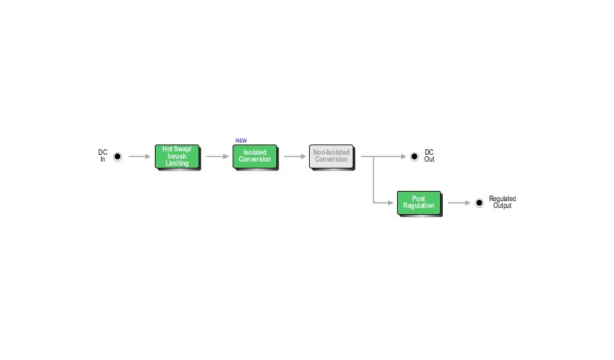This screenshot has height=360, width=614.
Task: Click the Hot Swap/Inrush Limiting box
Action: click(177, 157)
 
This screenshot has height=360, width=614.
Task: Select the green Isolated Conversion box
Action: click(255, 157)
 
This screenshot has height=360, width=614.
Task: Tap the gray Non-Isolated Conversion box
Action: click(332, 157)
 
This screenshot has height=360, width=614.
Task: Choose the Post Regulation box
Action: click(419, 202)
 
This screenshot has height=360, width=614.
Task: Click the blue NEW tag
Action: click(242, 140)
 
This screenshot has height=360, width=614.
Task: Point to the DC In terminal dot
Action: click(117, 157)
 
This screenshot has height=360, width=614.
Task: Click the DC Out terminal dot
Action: click(414, 157)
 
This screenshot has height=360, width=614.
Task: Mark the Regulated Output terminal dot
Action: click(480, 202)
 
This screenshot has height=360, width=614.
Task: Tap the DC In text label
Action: click(102, 155)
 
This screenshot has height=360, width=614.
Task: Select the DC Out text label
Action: click(429, 155)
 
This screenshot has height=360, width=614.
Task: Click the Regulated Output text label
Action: click(502, 202)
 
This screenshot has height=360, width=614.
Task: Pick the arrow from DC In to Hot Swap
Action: click(139, 157)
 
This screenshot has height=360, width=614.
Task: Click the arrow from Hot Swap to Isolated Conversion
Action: click(218, 157)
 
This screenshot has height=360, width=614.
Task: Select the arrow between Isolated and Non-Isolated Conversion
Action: click(295, 157)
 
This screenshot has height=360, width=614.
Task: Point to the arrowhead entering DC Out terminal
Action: click(404, 157)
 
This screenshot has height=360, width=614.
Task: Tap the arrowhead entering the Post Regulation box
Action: click(390, 202)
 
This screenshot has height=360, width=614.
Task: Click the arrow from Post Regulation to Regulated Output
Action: click(459, 202)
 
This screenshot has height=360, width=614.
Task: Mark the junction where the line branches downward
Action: click(374, 157)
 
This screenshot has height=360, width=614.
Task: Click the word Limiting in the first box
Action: click(177, 163)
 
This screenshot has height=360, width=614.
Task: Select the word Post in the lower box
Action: click(418, 198)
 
